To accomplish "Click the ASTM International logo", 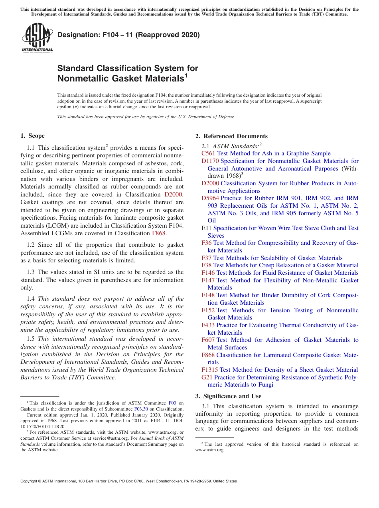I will tap(37, 38).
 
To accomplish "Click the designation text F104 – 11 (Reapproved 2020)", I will tap(128, 35).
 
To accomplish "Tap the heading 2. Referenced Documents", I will tap(231, 136).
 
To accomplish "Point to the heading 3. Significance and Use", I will tap(228, 396).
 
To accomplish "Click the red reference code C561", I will tap(208, 153).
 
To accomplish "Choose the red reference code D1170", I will tap(210, 161).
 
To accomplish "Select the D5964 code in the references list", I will tap(210, 198).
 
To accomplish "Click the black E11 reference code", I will tap(206, 228).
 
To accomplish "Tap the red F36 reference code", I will tap(206, 243).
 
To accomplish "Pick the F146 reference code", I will tap(208, 273).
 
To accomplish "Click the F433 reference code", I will tap(208, 325).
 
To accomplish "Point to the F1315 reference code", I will tap(209, 370).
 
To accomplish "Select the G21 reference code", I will tap(207, 377).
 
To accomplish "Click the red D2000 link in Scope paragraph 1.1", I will tap(173, 194).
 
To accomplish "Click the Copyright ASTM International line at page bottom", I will tap(128, 481).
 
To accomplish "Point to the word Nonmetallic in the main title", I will tap(81, 78).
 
